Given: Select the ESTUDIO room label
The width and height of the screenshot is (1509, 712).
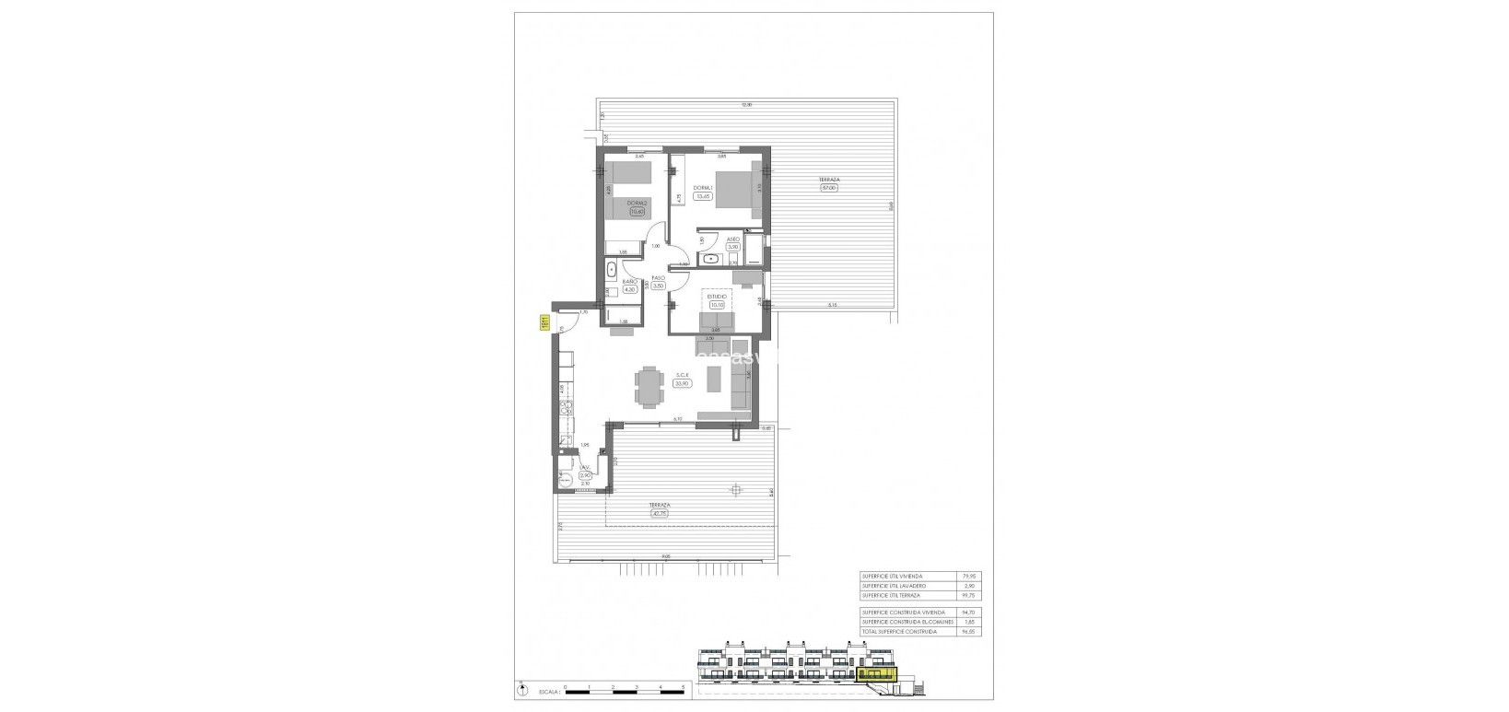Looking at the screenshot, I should coord(718,297).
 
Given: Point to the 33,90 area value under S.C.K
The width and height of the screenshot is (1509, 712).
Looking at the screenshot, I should coord(683,384).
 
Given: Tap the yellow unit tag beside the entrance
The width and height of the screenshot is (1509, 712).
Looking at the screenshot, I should coord(544,322).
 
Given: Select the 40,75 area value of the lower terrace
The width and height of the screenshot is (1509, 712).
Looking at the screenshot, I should coord(659,514).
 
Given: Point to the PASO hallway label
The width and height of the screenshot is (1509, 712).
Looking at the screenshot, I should coord(659,278).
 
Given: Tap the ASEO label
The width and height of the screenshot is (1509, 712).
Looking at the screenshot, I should coord(733,239).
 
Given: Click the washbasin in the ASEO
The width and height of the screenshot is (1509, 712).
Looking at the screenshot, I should coord(708,261).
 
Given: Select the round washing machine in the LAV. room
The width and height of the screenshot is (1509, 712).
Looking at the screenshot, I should coord(565,478).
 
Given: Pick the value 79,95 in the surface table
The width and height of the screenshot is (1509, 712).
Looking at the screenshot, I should coord(965,576).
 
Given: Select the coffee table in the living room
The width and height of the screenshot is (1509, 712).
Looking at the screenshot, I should coord(714,378).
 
